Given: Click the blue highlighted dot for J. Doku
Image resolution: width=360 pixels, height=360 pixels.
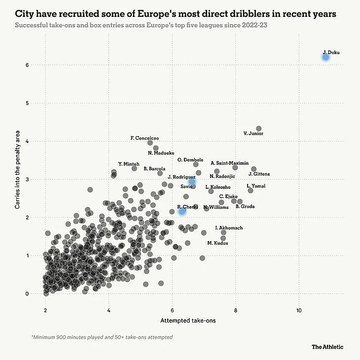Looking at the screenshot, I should coord(325,57).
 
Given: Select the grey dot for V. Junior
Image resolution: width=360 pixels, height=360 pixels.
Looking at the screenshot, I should coord(258,129).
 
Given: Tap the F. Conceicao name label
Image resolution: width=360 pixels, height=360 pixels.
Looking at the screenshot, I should coord(144,138).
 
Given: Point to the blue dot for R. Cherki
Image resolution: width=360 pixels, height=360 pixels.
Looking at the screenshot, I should coord(182,211).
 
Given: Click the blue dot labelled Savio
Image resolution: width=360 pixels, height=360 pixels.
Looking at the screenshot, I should coord(192,181).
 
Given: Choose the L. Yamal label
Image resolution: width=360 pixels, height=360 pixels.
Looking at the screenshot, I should coord(256,186).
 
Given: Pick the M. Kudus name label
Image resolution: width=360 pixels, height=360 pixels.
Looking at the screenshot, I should coord(217,243).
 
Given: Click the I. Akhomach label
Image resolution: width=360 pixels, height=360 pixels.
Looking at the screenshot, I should coord(229,228).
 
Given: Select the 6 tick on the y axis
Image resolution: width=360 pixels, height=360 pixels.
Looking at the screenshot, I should coord(29,65).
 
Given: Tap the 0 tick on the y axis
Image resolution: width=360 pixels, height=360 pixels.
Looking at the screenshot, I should coord(29,294).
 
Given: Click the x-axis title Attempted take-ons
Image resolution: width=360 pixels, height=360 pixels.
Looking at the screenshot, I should coord(188,321).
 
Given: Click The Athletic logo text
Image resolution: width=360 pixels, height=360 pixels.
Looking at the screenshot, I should coord(327,347).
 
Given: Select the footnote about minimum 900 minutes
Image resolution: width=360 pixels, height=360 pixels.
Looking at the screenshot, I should coord(102,337).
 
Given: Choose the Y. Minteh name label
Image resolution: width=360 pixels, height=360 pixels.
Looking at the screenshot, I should coord(129,164).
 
